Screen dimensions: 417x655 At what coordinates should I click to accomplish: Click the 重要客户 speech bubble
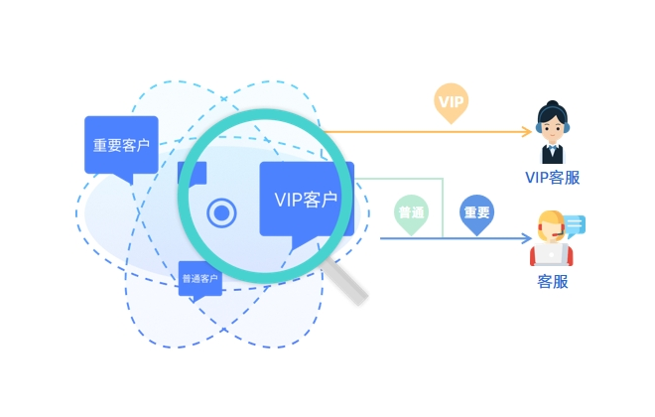coord(121,146)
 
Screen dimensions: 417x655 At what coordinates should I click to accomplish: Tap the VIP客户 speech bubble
coord(306,199)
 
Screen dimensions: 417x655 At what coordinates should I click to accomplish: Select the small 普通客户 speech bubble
coord(199,279)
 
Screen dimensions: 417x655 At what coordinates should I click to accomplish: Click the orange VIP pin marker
coord(452,101)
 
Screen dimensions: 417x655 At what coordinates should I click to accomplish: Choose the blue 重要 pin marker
coord(477,213)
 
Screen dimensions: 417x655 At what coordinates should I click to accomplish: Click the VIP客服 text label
coord(553,178)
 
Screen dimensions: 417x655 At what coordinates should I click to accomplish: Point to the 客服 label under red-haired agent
coord(553,281)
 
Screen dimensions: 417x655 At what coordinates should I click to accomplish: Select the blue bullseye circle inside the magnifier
coord(221,211)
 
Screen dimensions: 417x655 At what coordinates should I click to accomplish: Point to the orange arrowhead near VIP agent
coord(527,131)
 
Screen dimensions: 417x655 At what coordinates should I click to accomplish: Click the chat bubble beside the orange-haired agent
coord(575,224)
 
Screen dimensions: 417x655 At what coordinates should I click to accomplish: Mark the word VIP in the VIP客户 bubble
coord(290,199)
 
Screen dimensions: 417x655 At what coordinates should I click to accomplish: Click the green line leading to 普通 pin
coord(417,180)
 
